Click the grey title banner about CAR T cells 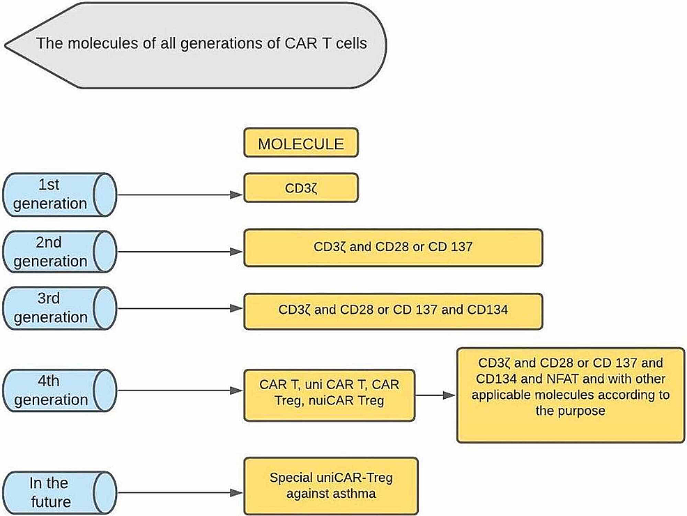pos(202,45)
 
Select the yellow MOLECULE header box pos(300,144)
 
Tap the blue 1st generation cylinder pos(59,195)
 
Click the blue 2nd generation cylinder pos(59,252)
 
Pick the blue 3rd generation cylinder pos(59,308)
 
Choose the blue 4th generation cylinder pos(59,391)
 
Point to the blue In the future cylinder pos(59,492)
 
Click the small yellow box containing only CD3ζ pos(300,188)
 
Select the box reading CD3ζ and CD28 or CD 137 pos(392,248)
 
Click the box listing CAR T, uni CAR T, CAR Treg pos(329,395)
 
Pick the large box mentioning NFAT pos(570,395)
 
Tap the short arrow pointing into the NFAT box pos(435,395)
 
